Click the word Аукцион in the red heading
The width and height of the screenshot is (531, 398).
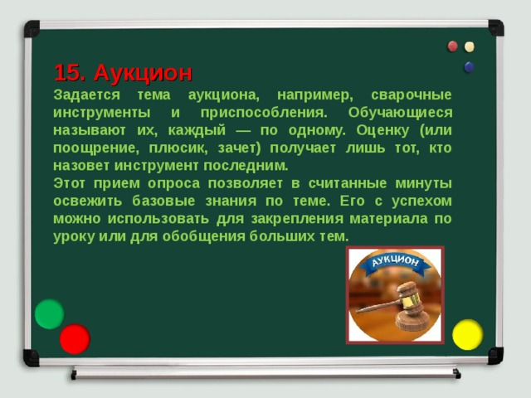143,72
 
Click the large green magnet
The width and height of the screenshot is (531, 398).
50,313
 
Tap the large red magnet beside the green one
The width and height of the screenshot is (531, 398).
75,339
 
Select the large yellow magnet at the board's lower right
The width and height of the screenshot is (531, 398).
467,333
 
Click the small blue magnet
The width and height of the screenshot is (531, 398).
470,66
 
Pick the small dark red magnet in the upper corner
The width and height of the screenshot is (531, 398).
453,46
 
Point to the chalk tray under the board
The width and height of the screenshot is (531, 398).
265,372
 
